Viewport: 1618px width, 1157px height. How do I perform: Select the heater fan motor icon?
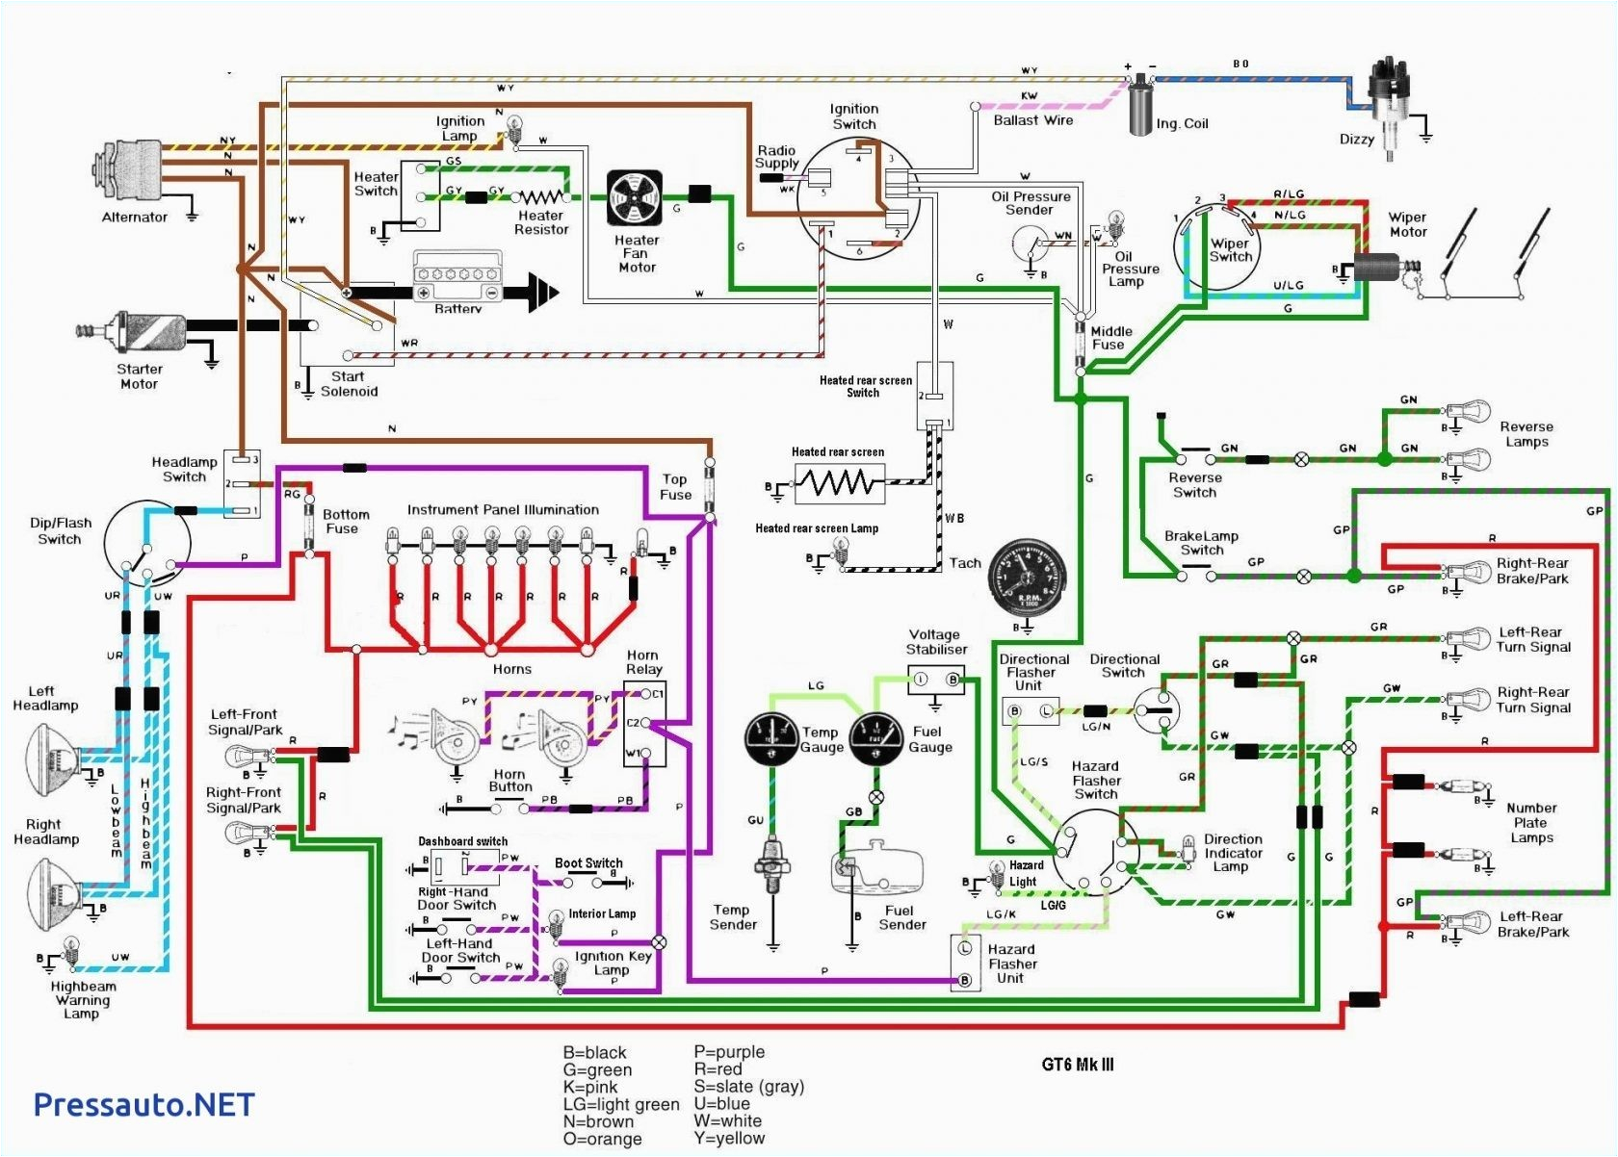point(635,199)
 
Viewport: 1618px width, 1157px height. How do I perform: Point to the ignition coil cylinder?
point(1142,106)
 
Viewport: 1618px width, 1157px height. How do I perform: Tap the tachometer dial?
point(1029,578)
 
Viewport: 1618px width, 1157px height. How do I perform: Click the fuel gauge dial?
point(875,739)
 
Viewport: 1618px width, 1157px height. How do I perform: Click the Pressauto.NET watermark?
point(144,1104)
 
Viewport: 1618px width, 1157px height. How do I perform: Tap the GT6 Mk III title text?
point(1078,1065)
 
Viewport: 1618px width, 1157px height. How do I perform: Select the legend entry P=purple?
point(729,1052)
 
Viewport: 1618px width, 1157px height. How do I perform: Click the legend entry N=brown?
point(598,1121)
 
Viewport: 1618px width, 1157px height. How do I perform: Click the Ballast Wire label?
point(1032,120)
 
